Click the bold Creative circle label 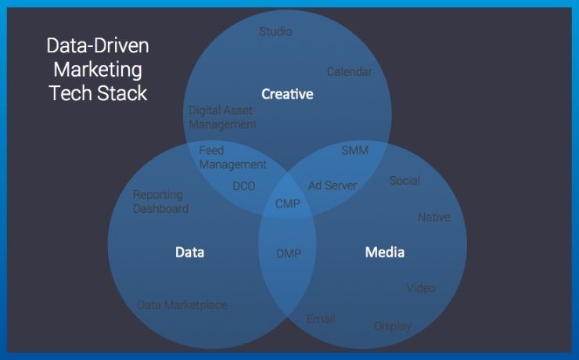point(287,94)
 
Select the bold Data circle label point(190,252)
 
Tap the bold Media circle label point(385,252)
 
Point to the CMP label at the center point(288,203)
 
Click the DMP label point(289,254)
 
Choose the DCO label point(244,186)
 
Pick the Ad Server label point(333,185)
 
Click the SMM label point(355,150)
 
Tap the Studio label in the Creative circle point(275,31)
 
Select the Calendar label point(349,72)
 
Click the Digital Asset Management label point(222,117)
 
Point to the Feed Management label point(232,157)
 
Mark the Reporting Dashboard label point(160,202)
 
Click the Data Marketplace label point(182,305)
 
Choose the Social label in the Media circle point(405,181)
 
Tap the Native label point(434,217)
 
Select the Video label point(421,288)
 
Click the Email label point(321,319)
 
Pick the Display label point(393,326)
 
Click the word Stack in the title point(122,93)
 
